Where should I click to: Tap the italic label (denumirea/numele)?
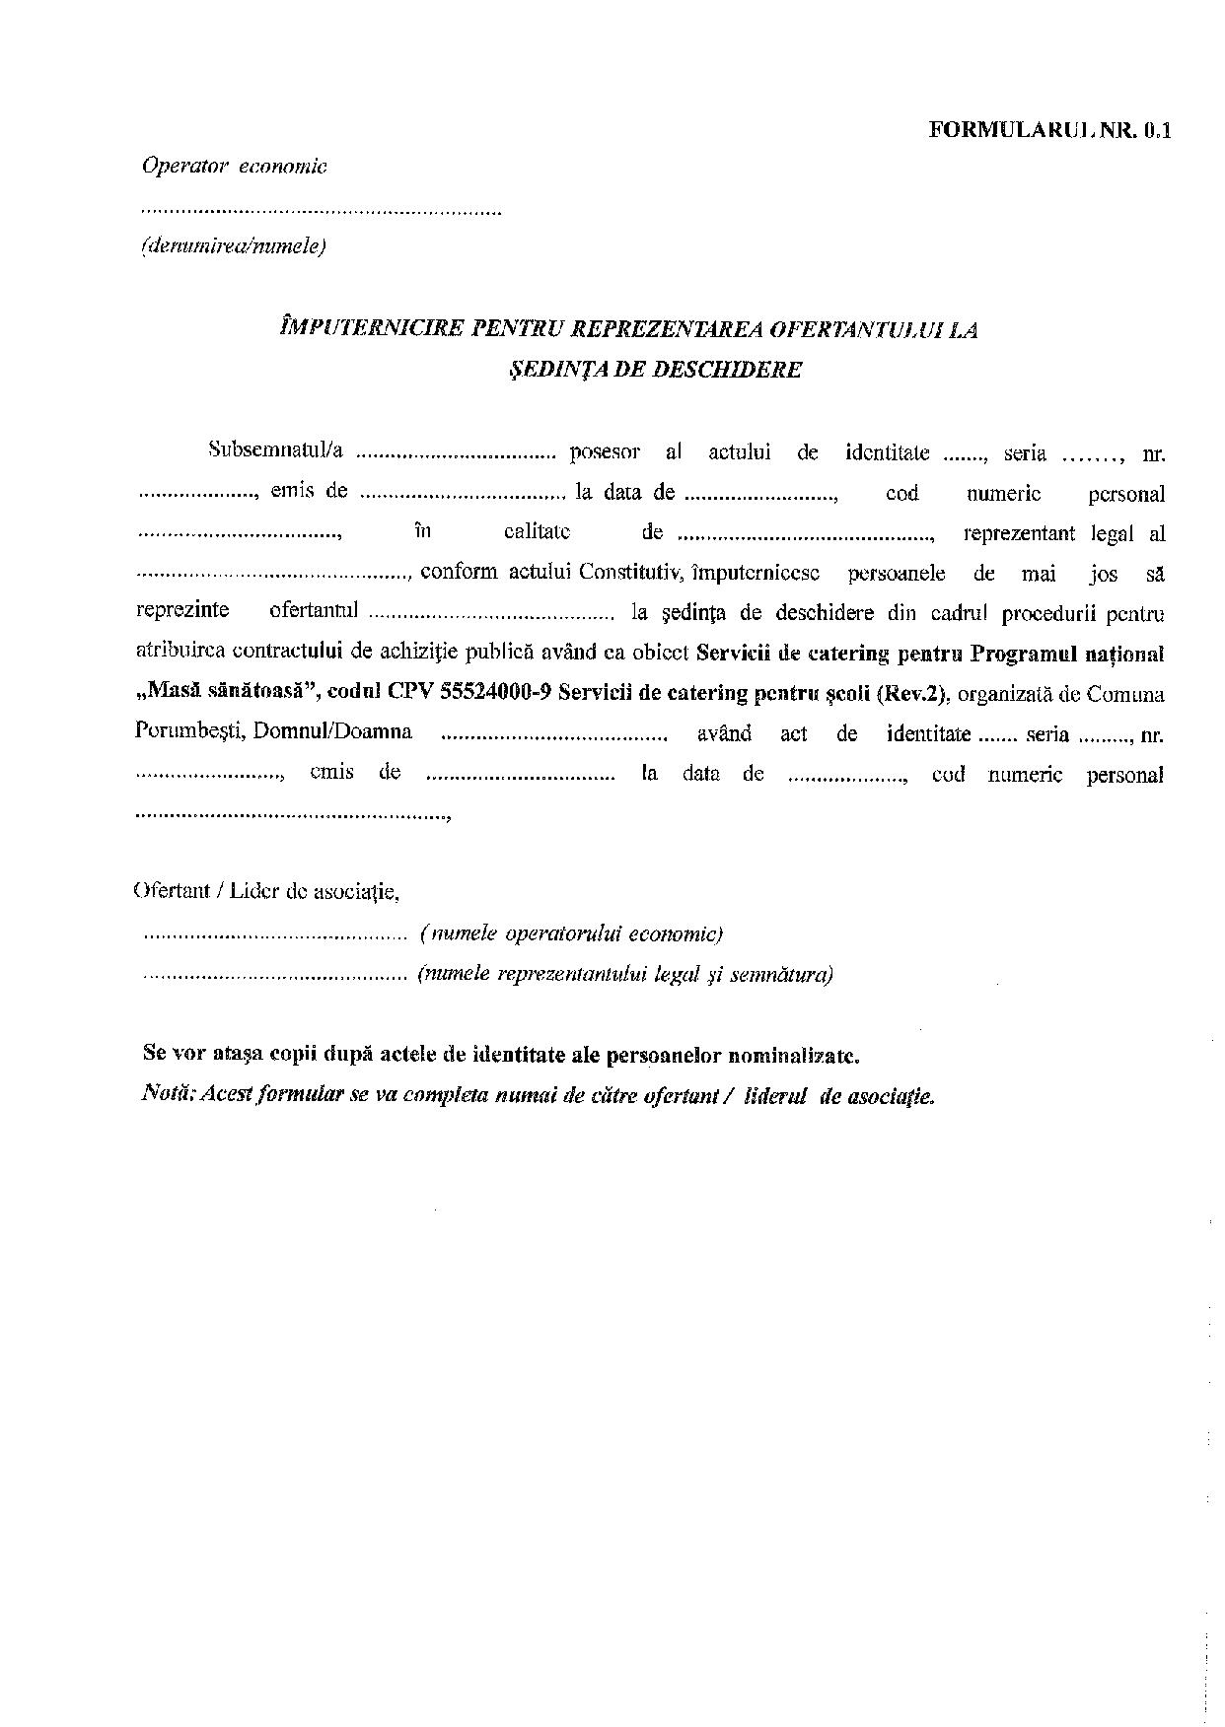click(x=234, y=246)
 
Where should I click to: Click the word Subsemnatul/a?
click(x=275, y=451)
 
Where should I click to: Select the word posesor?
click(x=605, y=452)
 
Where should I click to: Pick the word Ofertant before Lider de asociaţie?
click(x=170, y=892)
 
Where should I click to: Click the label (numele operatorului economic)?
click(x=571, y=933)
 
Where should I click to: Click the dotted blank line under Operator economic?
click(x=322, y=210)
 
